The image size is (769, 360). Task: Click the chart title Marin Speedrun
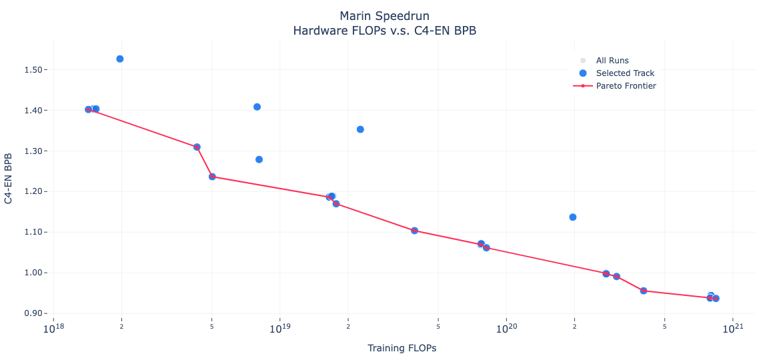pos(384,16)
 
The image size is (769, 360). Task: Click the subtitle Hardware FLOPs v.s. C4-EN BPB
pos(384,31)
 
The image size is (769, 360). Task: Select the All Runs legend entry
pos(612,61)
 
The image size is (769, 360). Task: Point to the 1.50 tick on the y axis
pos(33,70)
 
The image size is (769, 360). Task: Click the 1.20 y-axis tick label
pos(33,192)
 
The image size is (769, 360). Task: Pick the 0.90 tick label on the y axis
pos(33,313)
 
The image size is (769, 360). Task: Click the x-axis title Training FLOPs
pos(402,348)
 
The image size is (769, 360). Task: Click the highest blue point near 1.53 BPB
pos(120,59)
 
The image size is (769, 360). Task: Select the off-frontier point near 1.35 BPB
pos(360,129)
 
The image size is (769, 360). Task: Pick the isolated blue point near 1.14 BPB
pos(573,217)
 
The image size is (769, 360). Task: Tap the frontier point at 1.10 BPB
pos(414,231)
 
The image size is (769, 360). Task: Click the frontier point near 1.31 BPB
pos(197,147)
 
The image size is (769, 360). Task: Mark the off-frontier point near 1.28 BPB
pos(259,159)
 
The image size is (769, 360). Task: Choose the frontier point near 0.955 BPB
pos(644,291)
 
